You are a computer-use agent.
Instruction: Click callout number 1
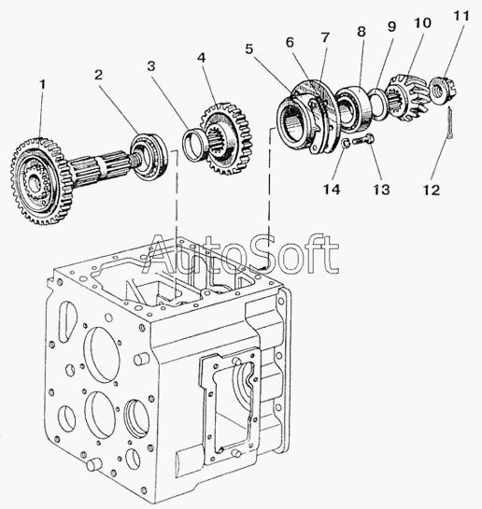(42, 86)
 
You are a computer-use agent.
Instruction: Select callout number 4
(201, 58)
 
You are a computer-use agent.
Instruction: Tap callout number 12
(432, 190)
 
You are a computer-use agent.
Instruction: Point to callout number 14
(332, 190)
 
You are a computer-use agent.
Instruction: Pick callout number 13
(381, 190)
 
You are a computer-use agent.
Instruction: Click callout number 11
(461, 16)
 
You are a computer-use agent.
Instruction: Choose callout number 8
(361, 32)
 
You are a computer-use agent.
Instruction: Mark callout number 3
(151, 66)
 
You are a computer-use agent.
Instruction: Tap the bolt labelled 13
(362, 141)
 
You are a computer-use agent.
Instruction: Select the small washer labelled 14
(346, 143)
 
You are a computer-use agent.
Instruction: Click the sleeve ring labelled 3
(193, 145)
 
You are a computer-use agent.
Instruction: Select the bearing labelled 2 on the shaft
(149, 157)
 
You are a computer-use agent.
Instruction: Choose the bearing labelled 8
(352, 107)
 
